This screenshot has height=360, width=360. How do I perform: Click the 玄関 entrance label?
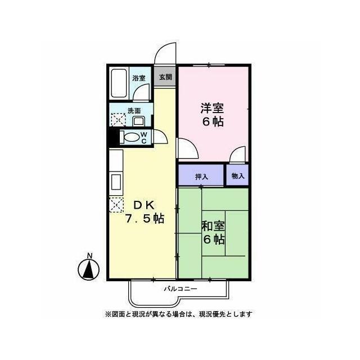point(165,77)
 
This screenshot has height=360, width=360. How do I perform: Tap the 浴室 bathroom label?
point(138,78)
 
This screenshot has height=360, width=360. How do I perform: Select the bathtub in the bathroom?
point(119,83)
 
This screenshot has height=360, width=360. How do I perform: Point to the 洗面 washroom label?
point(134,111)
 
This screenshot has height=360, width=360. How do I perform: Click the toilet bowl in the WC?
point(130,137)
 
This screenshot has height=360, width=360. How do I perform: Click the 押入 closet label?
point(201,176)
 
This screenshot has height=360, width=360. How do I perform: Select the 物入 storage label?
point(238,175)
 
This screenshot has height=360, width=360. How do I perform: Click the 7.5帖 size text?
point(145,219)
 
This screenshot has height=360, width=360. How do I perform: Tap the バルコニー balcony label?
point(180,289)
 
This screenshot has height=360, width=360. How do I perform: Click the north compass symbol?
point(88,268)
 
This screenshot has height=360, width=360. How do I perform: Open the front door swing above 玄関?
point(165,53)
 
